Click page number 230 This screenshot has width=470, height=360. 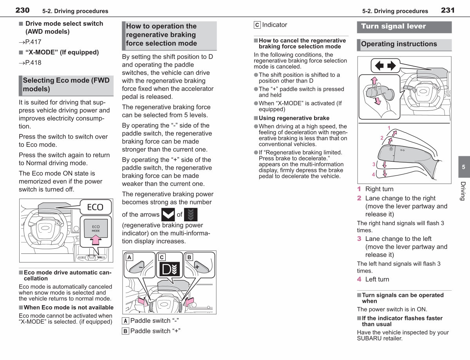click(x=22, y=10)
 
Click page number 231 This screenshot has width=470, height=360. click(x=448, y=10)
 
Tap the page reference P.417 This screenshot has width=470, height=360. click(x=30, y=42)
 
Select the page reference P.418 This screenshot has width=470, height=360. click(x=30, y=63)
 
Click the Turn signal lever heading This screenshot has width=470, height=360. click(x=394, y=26)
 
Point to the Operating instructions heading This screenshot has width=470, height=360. click(x=399, y=44)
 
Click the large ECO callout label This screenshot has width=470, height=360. click(x=95, y=207)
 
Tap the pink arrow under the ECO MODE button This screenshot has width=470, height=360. click(x=96, y=240)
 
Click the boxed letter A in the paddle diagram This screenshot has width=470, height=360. click(x=129, y=257)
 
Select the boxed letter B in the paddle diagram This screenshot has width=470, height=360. click(x=189, y=257)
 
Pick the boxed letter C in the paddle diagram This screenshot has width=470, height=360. click(x=162, y=257)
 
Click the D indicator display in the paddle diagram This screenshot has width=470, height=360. click(x=170, y=269)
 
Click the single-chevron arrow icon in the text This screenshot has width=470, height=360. click(x=168, y=215)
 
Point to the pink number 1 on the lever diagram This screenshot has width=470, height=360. click(x=389, y=128)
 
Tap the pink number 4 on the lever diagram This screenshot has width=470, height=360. click(x=374, y=174)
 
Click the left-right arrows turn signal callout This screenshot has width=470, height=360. click(x=385, y=65)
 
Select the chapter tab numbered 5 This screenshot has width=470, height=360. click(x=464, y=167)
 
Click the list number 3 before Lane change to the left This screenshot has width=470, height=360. click(x=359, y=239)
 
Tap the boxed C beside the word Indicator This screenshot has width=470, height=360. click(x=257, y=25)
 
